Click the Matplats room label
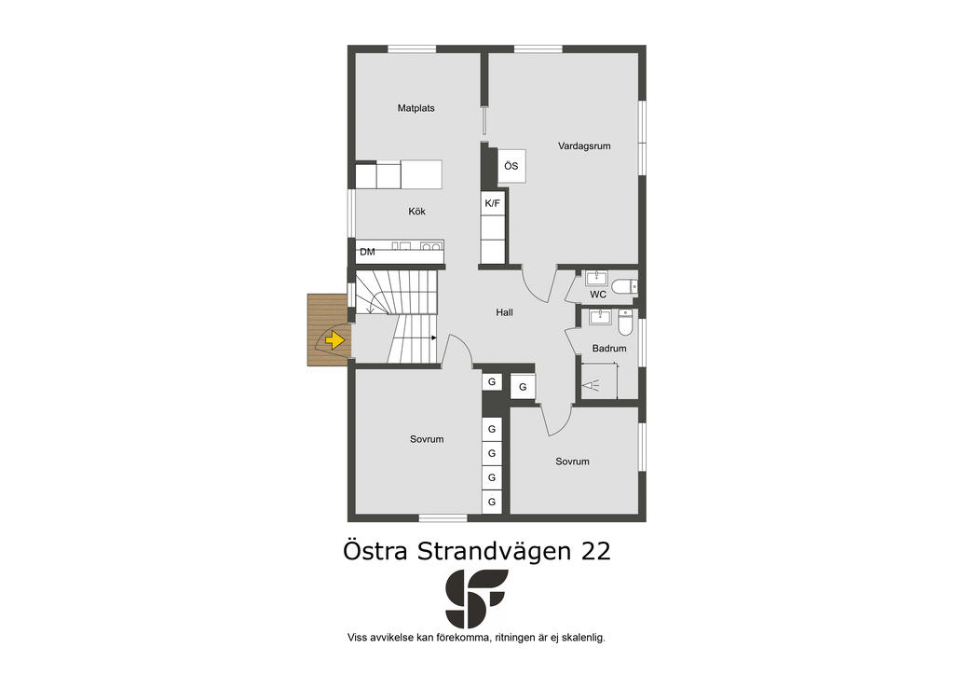(x=416, y=108)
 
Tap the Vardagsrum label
(x=584, y=146)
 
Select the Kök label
(x=416, y=212)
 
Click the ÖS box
(x=511, y=166)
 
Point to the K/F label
(x=492, y=203)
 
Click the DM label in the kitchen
(x=367, y=252)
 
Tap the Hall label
(x=504, y=312)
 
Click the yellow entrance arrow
(x=334, y=339)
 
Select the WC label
(x=598, y=295)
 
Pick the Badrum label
(x=609, y=349)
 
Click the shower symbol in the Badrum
(x=590, y=385)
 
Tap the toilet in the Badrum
(x=626, y=323)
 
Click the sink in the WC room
(x=596, y=278)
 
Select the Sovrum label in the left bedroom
(x=427, y=439)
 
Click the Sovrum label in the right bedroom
(x=573, y=461)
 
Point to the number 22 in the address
(x=595, y=551)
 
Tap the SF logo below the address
(x=476, y=599)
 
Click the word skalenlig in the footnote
(x=583, y=638)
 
